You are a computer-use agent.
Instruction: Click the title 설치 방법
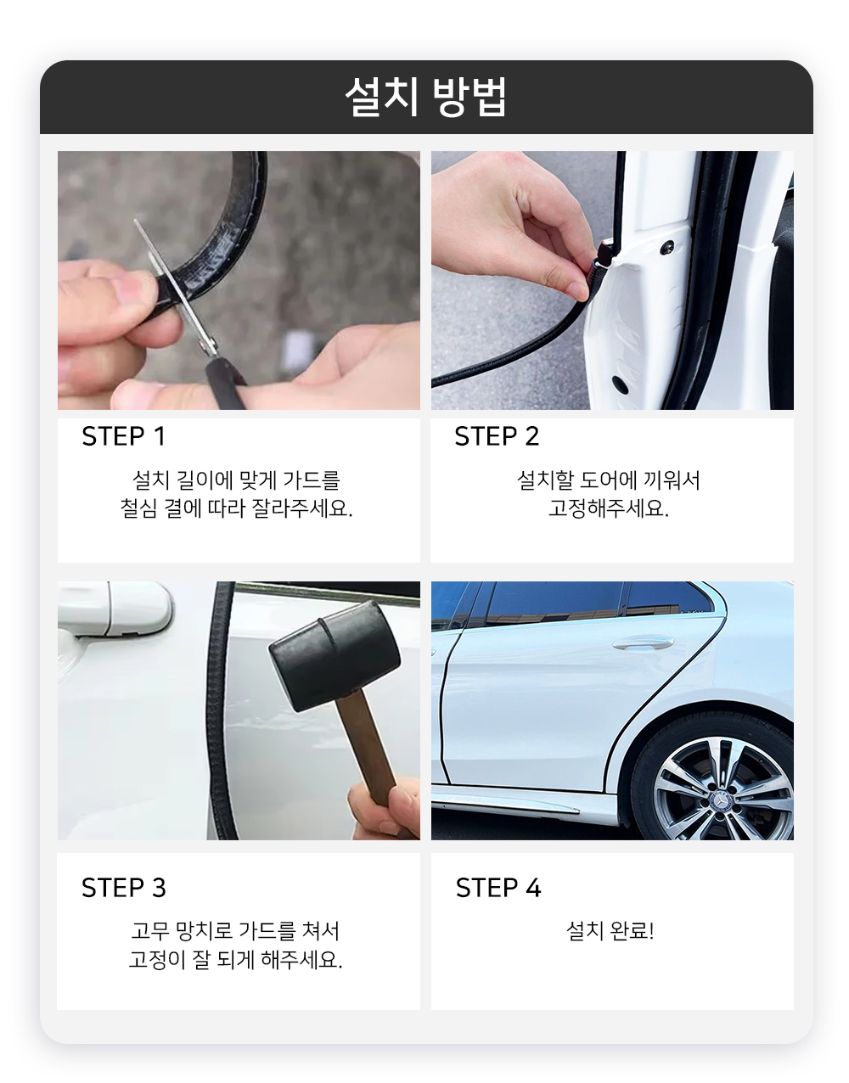[x=425, y=98]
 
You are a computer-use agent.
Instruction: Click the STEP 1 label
[x=123, y=436]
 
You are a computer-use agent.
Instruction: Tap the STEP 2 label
[x=497, y=436]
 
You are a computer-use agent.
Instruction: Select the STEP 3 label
[x=124, y=888]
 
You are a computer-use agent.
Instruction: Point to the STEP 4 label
[x=498, y=888]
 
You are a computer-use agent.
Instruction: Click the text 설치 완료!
[x=610, y=931]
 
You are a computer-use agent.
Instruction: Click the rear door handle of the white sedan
[x=643, y=643]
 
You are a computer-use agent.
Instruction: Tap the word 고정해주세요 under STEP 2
[x=609, y=508]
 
